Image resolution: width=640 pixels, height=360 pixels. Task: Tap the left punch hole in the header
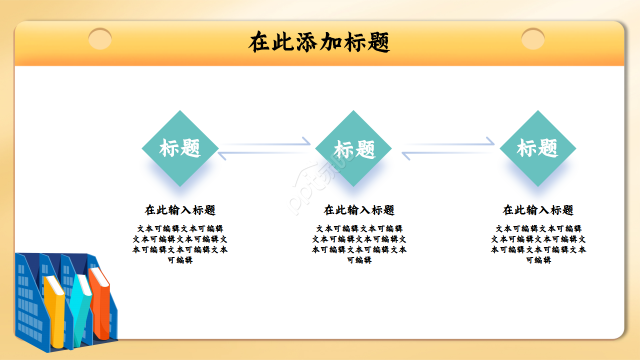pyautogui.click(x=100, y=39)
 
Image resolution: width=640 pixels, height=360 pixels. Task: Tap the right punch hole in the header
pyautogui.click(x=533, y=39)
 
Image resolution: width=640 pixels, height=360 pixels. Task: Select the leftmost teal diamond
pyautogui.click(x=180, y=148)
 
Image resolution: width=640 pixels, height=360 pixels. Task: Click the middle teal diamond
pyautogui.click(x=353, y=148)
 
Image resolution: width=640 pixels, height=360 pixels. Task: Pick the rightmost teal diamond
pyautogui.click(x=537, y=148)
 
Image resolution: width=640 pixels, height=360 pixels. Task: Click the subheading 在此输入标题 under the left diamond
pyautogui.click(x=180, y=210)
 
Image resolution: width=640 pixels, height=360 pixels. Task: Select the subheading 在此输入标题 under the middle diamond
pyautogui.click(x=359, y=210)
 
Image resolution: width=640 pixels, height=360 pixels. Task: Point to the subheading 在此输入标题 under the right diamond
pyautogui.click(x=538, y=210)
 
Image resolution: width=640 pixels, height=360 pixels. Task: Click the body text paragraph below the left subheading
pyautogui.click(x=180, y=244)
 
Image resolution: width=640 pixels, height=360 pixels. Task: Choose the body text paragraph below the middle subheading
pyautogui.click(x=359, y=244)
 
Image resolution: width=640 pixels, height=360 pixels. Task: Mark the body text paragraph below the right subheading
pyautogui.click(x=538, y=244)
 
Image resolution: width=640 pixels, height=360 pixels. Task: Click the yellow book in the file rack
pyautogui.click(x=54, y=310)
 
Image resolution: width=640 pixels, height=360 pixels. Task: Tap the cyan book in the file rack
pyautogui.click(x=80, y=305)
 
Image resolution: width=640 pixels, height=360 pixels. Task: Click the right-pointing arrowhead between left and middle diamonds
pyautogui.click(x=305, y=141)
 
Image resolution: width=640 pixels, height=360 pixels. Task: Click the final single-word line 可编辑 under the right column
pyautogui.click(x=538, y=260)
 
